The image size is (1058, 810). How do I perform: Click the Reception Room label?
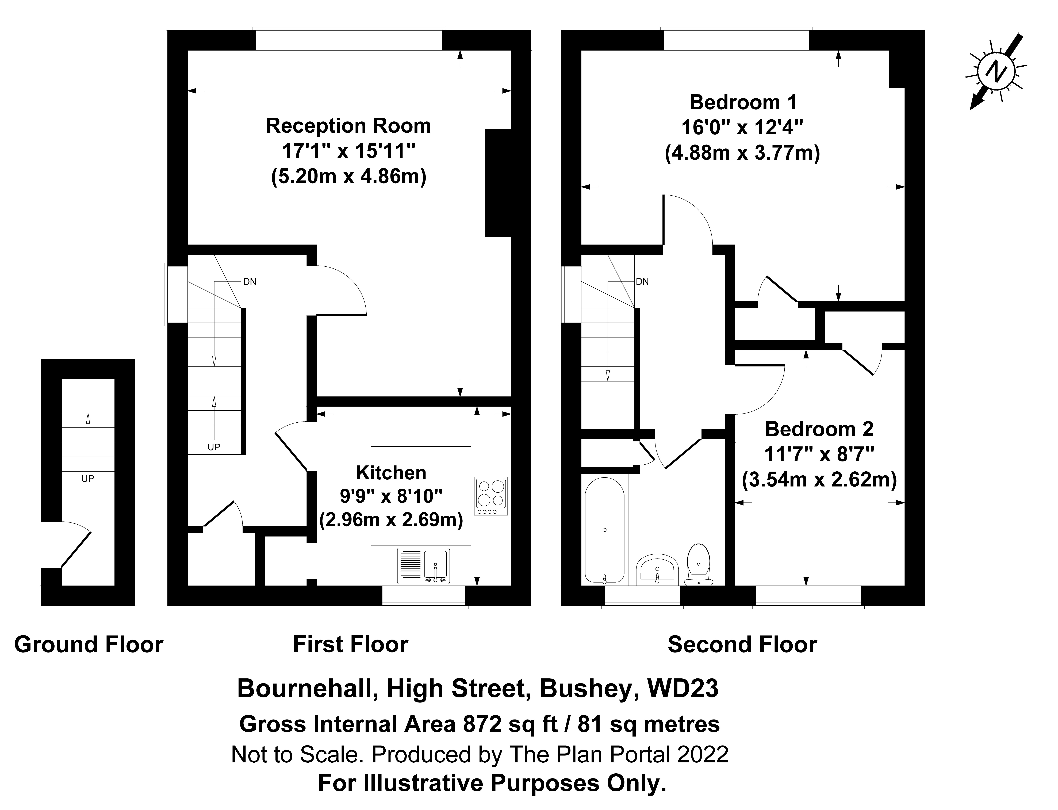348,126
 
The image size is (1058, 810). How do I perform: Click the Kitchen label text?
391,473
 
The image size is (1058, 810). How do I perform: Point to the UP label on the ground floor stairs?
88,479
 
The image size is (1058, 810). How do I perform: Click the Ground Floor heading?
89,645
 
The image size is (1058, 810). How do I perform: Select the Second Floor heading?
742,645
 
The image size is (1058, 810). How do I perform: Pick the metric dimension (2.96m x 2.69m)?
391,520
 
